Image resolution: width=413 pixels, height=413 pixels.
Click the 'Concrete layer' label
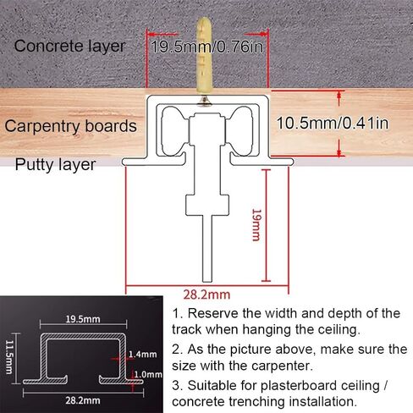pos(69,47)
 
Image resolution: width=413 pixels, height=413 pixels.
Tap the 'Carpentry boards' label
pos(70,126)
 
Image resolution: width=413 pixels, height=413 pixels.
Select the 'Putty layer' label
pos(55,165)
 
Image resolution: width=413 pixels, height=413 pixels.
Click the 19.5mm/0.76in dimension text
pos(207,47)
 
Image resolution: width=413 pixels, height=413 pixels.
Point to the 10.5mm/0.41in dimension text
pos(333,124)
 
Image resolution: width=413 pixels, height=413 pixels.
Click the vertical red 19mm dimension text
pos(256,225)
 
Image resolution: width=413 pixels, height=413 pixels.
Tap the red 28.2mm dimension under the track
pos(206,295)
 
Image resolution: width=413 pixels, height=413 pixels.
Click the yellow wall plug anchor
pos(204,56)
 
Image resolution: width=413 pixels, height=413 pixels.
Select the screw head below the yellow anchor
pos(205,102)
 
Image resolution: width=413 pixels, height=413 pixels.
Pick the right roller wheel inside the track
pos(240,131)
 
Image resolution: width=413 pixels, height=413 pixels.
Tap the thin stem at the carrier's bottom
pos(207,248)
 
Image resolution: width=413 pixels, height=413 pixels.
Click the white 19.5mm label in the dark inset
pos(83,319)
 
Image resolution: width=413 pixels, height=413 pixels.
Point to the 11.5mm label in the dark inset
pos(9,357)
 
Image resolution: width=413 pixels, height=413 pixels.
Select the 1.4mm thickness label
pos(142,355)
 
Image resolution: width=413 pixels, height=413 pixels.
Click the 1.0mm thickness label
pos(148,375)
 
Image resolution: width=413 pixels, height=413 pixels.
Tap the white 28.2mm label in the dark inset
pos(83,400)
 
